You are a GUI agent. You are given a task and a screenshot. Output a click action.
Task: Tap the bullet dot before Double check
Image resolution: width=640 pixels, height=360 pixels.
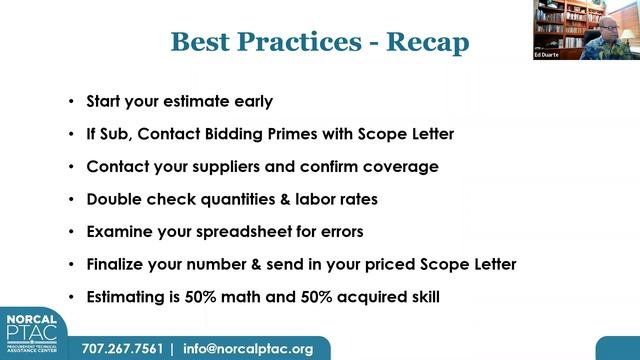[71, 199]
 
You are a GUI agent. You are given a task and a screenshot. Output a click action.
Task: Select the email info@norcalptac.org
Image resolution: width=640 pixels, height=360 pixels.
[248, 349]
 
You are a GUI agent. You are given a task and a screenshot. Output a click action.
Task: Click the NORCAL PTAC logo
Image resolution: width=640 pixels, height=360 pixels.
[34, 334]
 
